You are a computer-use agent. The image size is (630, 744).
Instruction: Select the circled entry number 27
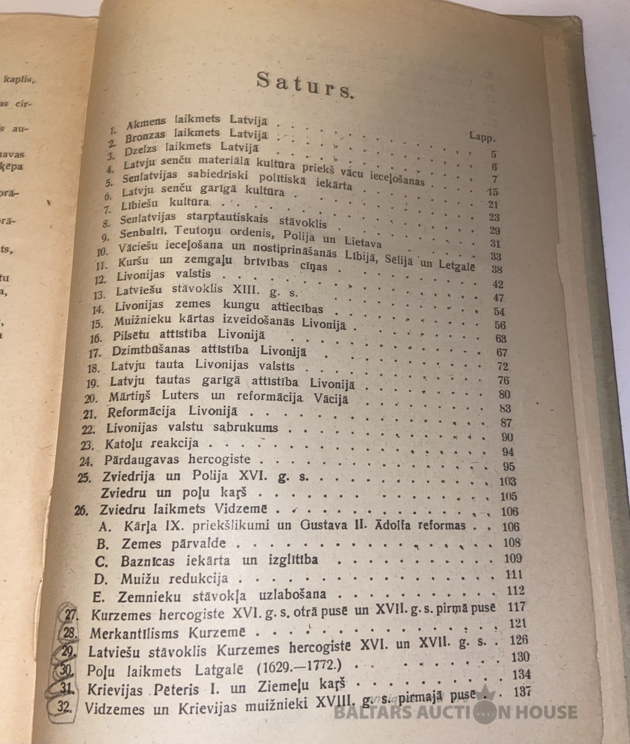(73, 616)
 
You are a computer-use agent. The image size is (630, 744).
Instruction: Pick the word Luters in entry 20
(178, 396)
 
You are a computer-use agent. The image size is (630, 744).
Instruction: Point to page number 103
(508, 481)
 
